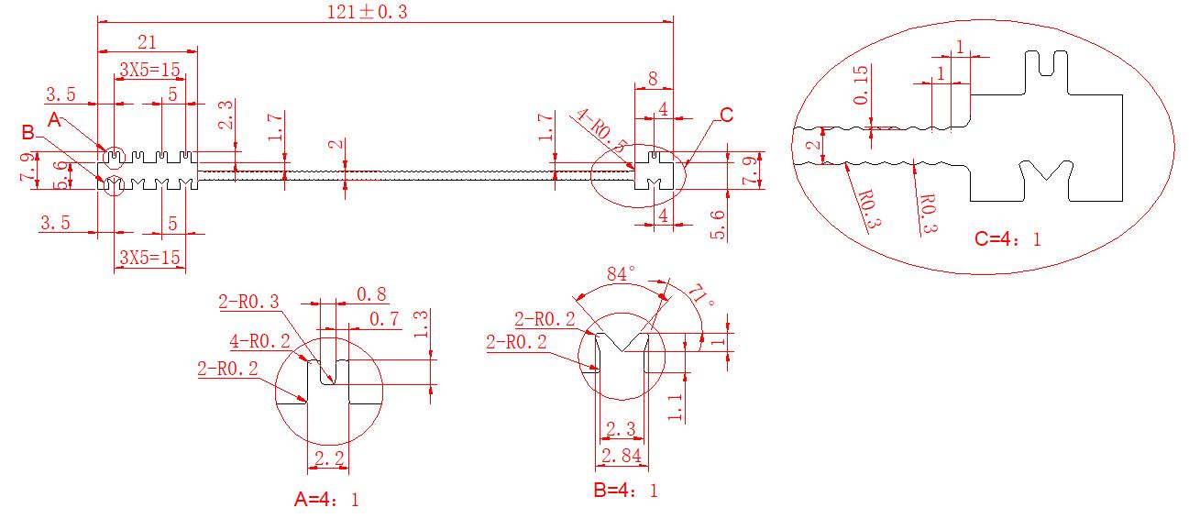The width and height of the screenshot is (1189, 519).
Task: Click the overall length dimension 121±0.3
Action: pos(367,12)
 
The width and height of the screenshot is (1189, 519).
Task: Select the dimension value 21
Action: pos(147,42)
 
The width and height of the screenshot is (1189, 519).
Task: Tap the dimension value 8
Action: pos(653,79)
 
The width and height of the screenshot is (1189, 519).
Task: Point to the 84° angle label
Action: pos(621,274)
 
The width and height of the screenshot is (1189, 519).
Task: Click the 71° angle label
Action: pos(701,295)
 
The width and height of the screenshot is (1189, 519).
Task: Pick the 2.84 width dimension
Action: pos(621,456)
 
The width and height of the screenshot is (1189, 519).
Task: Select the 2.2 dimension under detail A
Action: pos(329,458)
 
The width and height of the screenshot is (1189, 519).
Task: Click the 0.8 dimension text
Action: pos(371,294)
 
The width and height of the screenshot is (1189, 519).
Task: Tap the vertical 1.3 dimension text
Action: pos(420,325)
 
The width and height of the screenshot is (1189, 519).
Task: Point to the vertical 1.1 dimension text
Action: pos(675,407)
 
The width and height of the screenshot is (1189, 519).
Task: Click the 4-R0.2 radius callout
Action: pos(260,341)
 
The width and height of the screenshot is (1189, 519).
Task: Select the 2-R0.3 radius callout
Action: pos(248,302)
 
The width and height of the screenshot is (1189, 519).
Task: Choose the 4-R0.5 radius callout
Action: pos(601,130)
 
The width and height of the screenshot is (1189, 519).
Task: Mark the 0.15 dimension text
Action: pos(861,85)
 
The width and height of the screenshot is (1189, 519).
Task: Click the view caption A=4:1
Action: pos(326,500)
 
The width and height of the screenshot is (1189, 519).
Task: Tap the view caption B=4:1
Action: pos(626,491)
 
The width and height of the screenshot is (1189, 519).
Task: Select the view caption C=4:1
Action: pos(1007,238)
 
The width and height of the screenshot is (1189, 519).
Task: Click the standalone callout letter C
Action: pos(727,116)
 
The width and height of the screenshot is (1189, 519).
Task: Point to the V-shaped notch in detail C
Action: pos(1046,171)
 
